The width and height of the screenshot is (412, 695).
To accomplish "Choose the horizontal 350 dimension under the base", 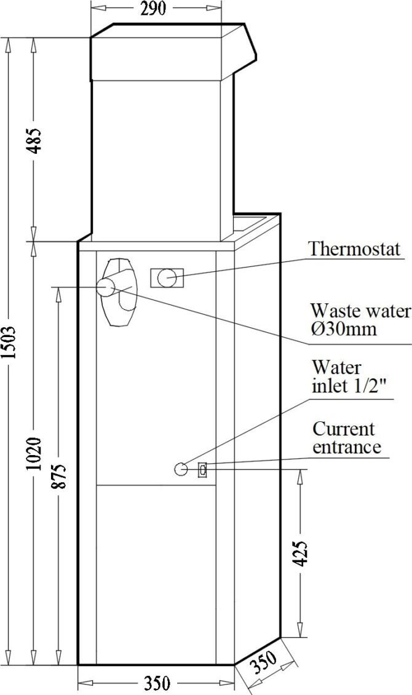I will click(156, 684).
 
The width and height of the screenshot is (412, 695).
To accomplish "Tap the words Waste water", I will click(360, 310).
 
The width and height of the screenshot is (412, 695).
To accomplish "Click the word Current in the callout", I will click(344, 428).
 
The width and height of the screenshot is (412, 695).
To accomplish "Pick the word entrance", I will click(347, 447).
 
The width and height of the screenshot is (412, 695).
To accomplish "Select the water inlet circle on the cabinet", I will click(181, 469).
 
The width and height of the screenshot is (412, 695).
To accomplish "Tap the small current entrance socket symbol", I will click(202, 469).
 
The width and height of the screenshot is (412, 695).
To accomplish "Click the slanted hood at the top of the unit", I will click(244, 46).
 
